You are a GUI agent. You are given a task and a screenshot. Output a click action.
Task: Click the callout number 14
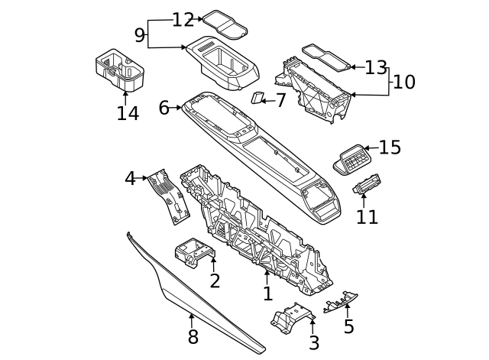coord(128,113)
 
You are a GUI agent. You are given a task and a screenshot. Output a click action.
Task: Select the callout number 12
coord(183,20)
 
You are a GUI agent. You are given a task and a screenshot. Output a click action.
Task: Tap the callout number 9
coord(139,34)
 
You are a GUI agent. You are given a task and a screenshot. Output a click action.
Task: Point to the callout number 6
coord(164,108)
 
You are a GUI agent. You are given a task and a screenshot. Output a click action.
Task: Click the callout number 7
coord(280,100)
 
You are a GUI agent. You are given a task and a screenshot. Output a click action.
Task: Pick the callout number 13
coord(375,67)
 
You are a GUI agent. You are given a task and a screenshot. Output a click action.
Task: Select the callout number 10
coord(404,81)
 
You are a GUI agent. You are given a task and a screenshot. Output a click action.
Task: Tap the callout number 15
coord(390,148)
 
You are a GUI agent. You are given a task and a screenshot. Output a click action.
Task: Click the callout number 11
coord(367,216)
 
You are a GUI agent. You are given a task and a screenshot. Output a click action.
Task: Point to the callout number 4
coord(130,178)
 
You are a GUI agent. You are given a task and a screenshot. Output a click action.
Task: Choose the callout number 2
coord(215,281)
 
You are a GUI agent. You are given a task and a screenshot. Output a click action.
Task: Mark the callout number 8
coord(193,336)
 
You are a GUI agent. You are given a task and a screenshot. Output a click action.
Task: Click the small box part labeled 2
coord(194,251)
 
